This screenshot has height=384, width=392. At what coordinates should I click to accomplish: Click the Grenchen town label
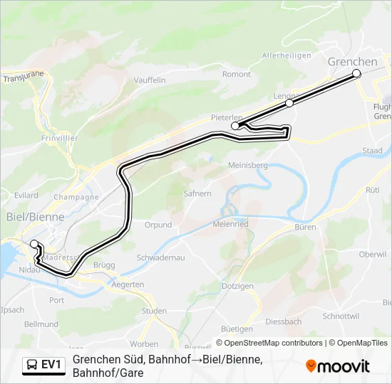pos(352,62)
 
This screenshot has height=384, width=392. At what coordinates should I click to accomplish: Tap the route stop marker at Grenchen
pos(356,73)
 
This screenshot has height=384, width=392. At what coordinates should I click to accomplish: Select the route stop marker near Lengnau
pos(289,103)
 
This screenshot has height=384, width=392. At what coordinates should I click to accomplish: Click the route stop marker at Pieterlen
pos(235,125)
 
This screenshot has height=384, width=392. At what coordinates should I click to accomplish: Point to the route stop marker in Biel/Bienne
pos(33,244)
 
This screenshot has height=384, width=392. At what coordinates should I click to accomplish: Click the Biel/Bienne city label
pos(35,217)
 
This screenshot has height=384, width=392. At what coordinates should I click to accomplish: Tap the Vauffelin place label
pos(149,80)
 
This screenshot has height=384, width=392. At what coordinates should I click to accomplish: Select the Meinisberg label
pos(247,165)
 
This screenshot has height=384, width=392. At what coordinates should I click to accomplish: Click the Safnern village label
pos(197,193)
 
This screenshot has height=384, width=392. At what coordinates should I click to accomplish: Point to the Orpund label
pos(158,225)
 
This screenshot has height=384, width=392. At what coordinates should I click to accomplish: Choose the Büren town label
pos(305,228)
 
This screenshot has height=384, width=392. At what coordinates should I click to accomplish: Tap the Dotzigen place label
pos(237,286)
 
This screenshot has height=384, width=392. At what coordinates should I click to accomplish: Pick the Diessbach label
pos(283,321)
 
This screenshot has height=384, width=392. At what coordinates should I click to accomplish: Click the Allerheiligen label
pos(287,55)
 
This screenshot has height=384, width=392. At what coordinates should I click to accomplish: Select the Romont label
pos(237,74)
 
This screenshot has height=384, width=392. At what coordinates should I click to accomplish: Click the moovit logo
pos(338,366)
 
